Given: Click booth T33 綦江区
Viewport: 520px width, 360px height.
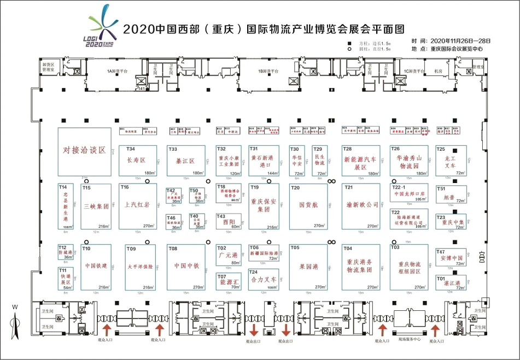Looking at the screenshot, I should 186,161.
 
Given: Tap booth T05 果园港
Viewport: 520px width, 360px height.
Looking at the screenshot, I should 308,267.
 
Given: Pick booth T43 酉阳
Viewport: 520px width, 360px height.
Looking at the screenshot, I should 229,221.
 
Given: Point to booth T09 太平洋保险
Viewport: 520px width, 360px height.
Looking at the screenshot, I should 140,267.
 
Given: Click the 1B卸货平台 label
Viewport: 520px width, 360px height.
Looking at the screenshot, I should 268,71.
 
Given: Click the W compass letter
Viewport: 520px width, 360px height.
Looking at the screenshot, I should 15,307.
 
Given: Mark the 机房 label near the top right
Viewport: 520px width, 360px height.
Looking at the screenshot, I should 438,71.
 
